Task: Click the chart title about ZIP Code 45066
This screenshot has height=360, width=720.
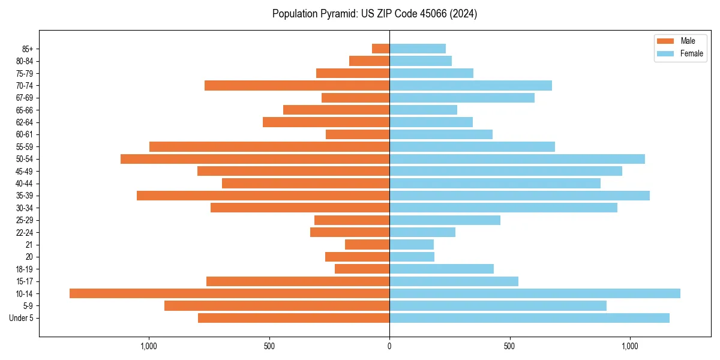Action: point(374,14)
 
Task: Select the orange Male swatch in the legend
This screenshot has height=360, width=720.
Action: point(666,41)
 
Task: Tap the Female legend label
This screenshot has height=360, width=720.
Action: point(692,53)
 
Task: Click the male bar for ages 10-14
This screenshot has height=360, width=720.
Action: point(229,293)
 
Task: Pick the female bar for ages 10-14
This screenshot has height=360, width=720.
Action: point(535,293)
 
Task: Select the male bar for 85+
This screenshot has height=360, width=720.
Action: point(380,49)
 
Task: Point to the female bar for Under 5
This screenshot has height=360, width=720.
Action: point(529,318)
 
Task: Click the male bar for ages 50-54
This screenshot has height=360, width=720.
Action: point(255,159)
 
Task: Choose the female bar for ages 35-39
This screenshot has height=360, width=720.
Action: point(520,196)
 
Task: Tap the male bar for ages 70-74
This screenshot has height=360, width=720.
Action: point(297,85)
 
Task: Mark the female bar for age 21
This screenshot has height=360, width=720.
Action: point(412,244)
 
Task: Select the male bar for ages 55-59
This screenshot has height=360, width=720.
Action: point(269,146)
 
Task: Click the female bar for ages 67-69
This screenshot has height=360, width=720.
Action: point(462,98)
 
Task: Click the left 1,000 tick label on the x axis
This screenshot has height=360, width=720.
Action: point(148,346)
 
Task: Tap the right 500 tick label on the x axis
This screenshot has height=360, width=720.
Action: point(509,346)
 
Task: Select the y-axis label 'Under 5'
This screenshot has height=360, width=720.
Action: point(21,318)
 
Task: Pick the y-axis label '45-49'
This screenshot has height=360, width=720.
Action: point(25,171)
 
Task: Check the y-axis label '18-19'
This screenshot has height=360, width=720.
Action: point(25,269)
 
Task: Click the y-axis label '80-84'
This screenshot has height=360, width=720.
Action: point(25,61)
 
